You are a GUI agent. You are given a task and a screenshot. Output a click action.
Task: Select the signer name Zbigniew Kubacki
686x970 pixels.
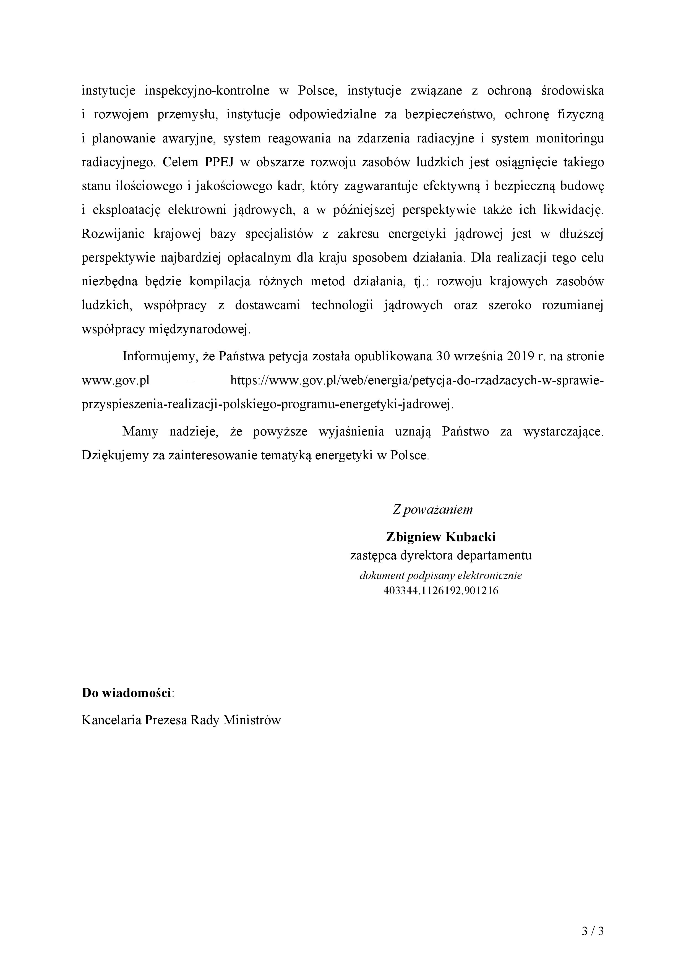point(440,537)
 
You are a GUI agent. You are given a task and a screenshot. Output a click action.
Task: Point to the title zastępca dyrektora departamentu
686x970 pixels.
point(440,556)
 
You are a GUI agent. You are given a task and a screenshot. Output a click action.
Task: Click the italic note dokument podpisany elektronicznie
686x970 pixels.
point(440,575)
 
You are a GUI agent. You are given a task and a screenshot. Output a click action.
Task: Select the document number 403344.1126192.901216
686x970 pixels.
point(440,591)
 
